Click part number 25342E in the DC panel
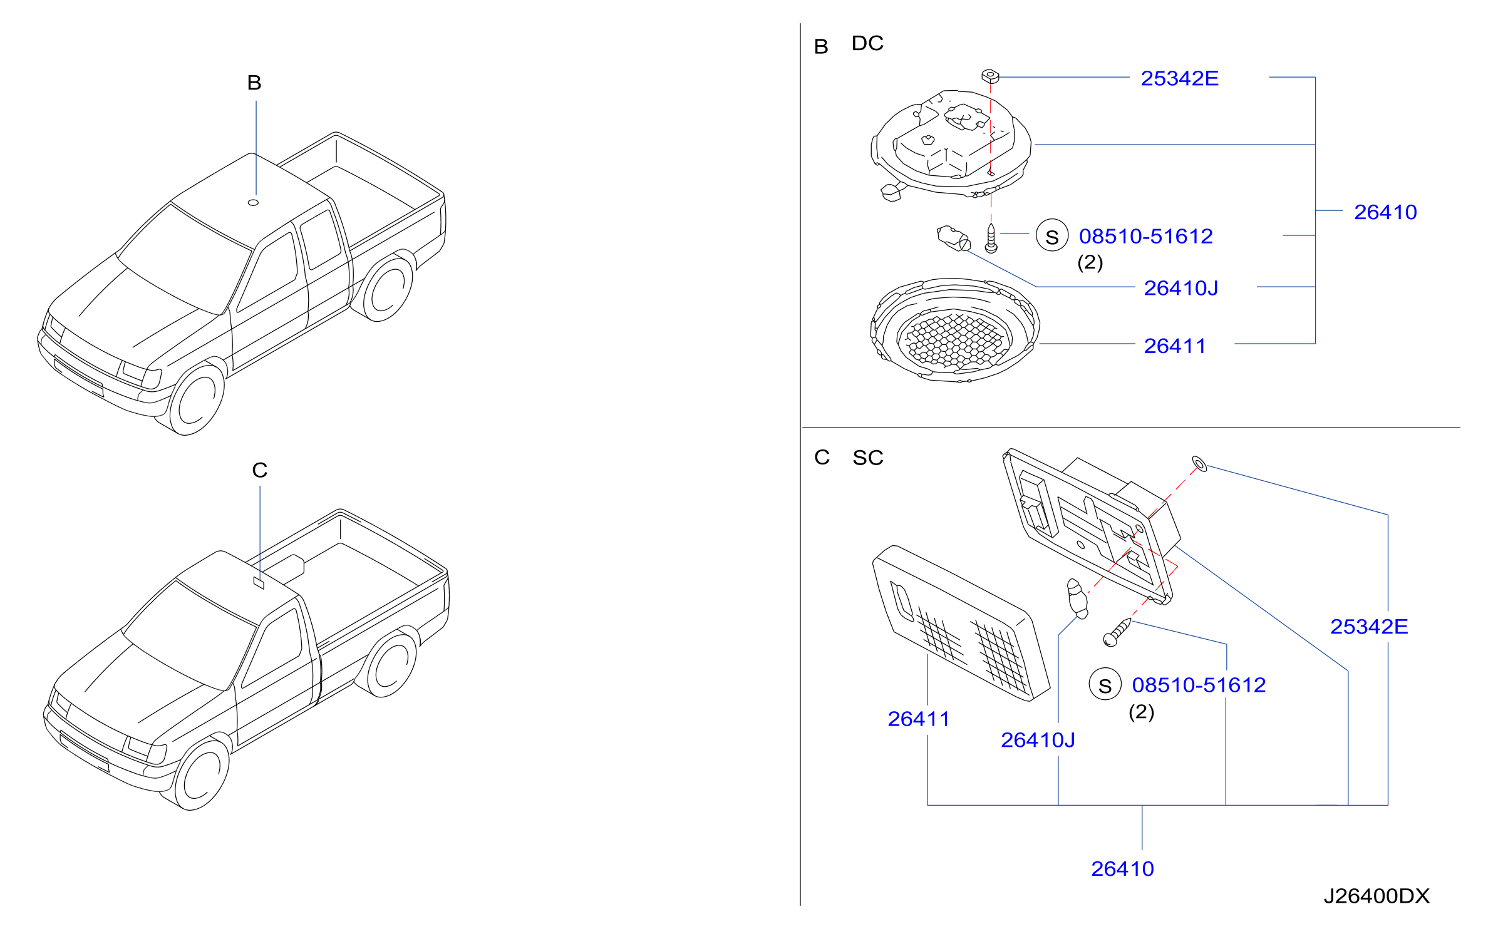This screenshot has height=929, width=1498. pos(1179,78)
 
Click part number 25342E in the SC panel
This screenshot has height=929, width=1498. pos(1369,627)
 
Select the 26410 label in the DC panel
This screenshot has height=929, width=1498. pos(1385,212)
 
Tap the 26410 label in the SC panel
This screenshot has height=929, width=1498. pos(1122,869)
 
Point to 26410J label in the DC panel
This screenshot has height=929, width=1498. pos(1181,288)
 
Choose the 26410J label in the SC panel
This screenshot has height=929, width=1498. pos(1038,740)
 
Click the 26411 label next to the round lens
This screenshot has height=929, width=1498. pos(1175,346)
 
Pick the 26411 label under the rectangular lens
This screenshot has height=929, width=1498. pos(918,719)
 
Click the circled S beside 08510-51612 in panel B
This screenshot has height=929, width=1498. pos(1052,235)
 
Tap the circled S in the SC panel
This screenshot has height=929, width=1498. pos(1105,684)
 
